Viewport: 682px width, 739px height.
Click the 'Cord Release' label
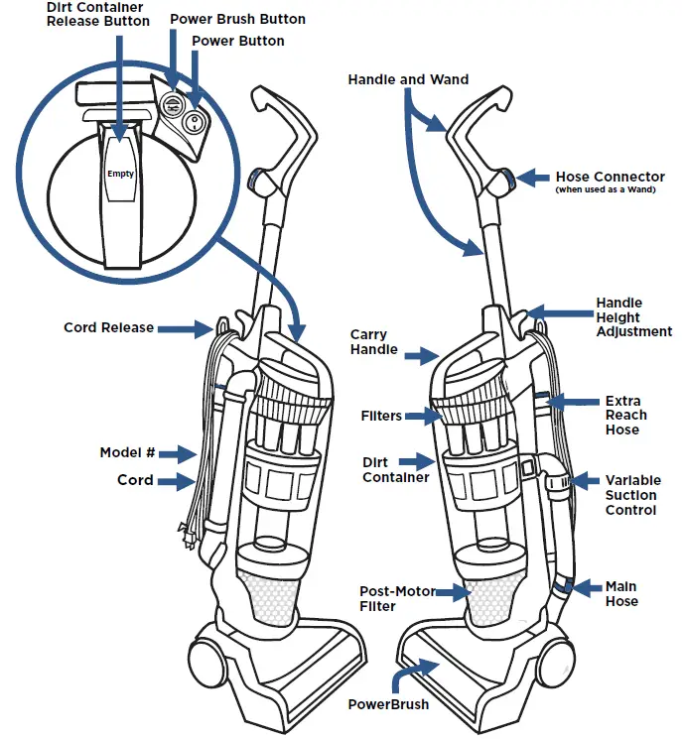(x=108, y=327)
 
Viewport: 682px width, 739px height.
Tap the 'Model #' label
(x=127, y=453)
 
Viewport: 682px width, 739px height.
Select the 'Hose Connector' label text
(x=610, y=177)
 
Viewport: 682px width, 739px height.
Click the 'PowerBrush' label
(x=388, y=704)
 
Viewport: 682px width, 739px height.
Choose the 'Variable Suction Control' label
(x=630, y=495)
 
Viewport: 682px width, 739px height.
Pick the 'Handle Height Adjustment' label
(x=632, y=317)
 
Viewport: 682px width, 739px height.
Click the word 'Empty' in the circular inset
(x=120, y=174)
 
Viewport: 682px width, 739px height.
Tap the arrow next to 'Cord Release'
(x=184, y=327)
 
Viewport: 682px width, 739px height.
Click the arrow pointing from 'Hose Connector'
(x=534, y=177)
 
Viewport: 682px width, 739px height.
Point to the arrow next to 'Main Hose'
(x=584, y=588)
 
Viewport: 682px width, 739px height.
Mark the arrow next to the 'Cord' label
(x=182, y=481)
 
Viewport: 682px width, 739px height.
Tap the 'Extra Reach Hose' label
(x=625, y=416)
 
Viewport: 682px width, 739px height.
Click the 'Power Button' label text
(x=237, y=42)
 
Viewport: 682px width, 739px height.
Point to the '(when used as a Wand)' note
(x=606, y=190)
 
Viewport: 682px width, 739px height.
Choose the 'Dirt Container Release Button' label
(x=98, y=14)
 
